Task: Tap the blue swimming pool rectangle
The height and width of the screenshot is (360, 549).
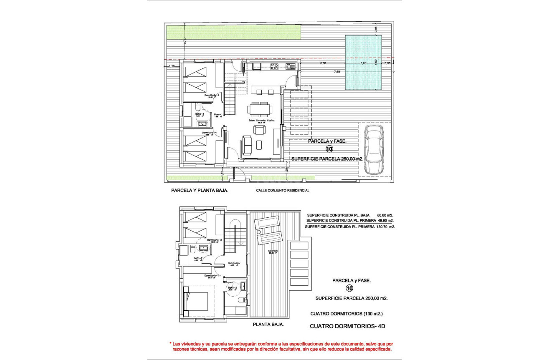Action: click(363, 63)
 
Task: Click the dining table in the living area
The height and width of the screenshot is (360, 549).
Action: click(260, 109)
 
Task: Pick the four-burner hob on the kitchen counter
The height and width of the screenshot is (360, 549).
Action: click(274, 66)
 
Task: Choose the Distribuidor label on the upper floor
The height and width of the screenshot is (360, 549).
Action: click(234, 263)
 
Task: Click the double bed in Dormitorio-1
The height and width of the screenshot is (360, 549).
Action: click(196, 301)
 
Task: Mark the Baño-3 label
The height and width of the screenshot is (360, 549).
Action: click(200, 113)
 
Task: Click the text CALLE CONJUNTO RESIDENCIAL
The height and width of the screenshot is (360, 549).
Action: click(283, 190)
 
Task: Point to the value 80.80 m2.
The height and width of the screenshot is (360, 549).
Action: click(385, 216)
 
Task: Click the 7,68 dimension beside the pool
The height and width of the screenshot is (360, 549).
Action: click(337, 72)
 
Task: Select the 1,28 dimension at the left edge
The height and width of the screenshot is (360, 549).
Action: click(171, 66)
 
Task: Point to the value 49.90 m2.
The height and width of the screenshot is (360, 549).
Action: click(385, 221)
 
